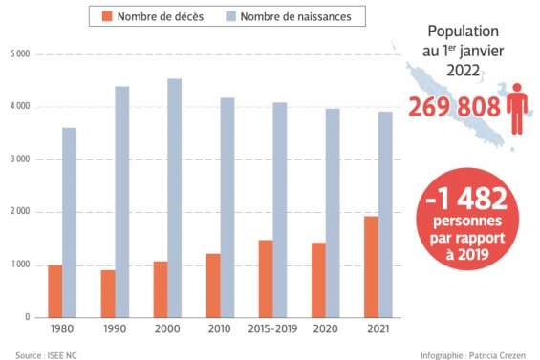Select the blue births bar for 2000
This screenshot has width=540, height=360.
coord(175,198)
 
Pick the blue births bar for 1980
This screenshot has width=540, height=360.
coord(70,222)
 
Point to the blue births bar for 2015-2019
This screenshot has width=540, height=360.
coord(280,209)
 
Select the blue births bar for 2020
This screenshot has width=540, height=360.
coord(332,212)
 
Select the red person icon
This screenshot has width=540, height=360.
coord(517,106)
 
